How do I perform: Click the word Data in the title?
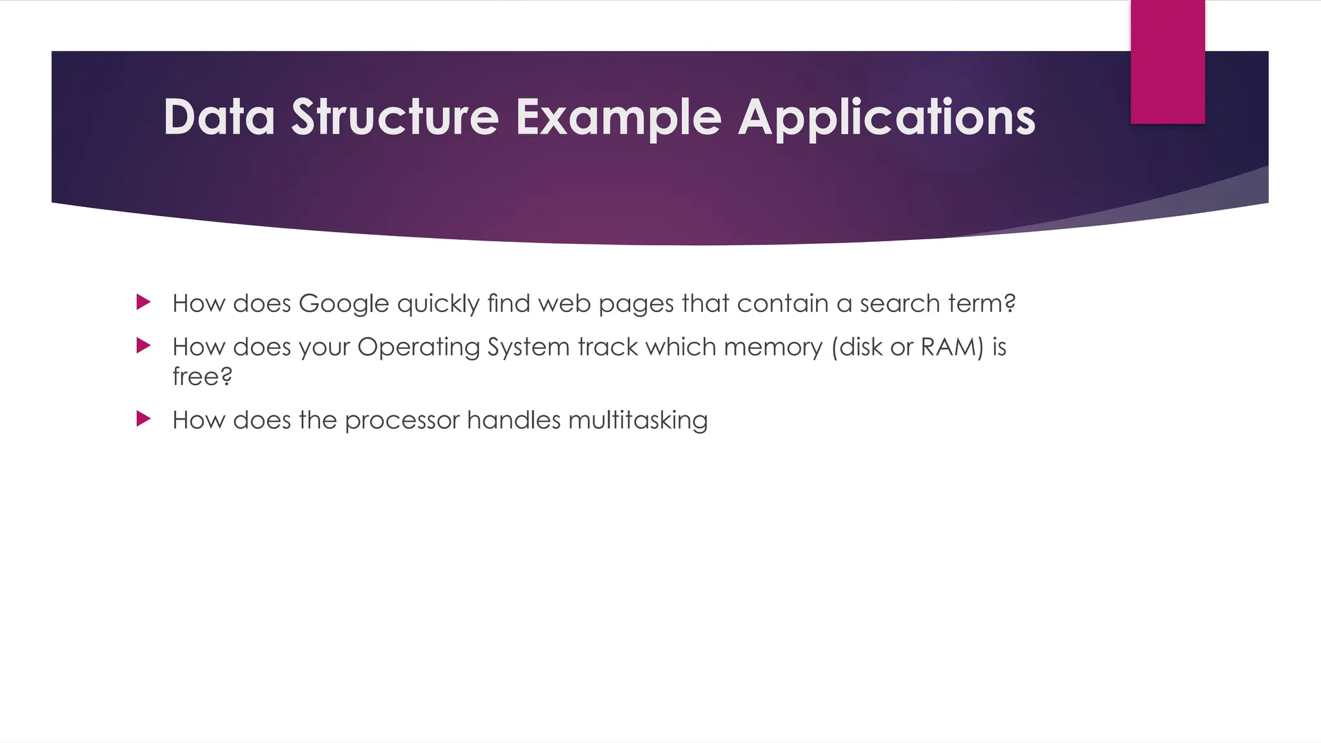coord(219,117)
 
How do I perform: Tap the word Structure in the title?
coord(395,117)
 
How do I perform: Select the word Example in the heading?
coord(618,119)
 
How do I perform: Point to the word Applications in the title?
coord(887,119)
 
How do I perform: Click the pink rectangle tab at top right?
coord(1167,62)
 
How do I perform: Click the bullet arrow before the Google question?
coord(144,302)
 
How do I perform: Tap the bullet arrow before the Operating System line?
coord(144,346)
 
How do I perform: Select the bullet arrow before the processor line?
coord(144,419)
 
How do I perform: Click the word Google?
coord(344,304)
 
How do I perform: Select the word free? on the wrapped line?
coord(202,377)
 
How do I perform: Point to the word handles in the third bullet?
coord(514,420)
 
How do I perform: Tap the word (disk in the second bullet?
coord(857,347)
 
